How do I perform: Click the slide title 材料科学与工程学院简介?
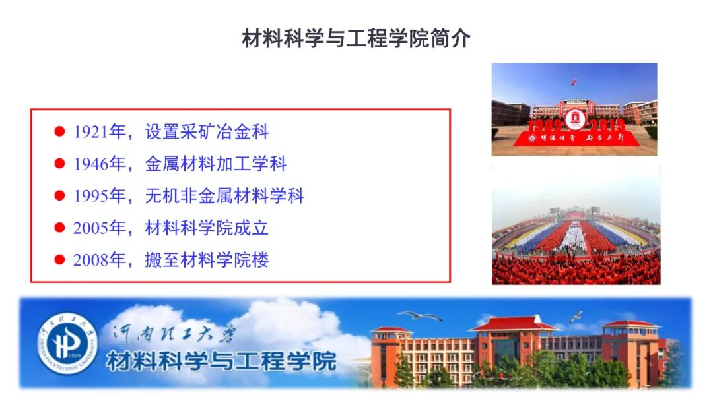[x=356, y=39]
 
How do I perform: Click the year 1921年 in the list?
[x=98, y=132]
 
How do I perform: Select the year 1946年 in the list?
[x=98, y=164]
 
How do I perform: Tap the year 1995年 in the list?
[x=98, y=196]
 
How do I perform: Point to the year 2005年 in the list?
[x=98, y=228]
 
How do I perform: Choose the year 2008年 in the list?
[x=98, y=260]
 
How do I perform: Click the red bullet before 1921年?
[x=59, y=132]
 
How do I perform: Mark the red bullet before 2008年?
[x=59, y=260]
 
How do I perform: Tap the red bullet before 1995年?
[x=59, y=196]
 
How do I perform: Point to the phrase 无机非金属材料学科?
[x=224, y=196]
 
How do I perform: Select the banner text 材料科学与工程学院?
[x=221, y=361]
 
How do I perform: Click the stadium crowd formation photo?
[x=575, y=224]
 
